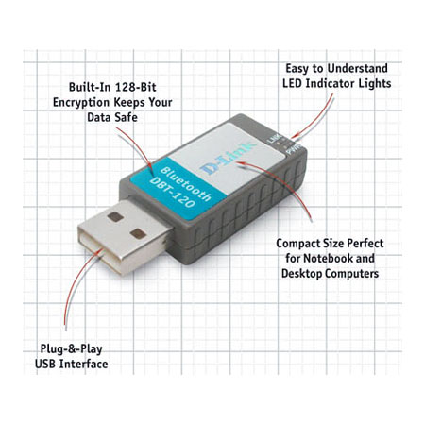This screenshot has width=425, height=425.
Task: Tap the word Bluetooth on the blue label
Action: [x=186, y=184]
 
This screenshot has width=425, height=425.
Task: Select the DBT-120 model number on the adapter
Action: [x=173, y=193]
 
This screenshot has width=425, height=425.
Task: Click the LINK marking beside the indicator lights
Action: [x=274, y=139]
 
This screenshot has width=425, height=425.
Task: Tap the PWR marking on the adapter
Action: [x=294, y=149]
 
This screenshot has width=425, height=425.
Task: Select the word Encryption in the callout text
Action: [x=81, y=103]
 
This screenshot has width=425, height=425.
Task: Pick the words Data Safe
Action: [x=112, y=117]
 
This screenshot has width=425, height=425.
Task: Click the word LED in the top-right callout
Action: [x=293, y=83]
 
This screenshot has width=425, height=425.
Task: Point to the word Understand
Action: [x=357, y=68]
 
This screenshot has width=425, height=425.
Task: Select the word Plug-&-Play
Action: [x=72, y=349]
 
